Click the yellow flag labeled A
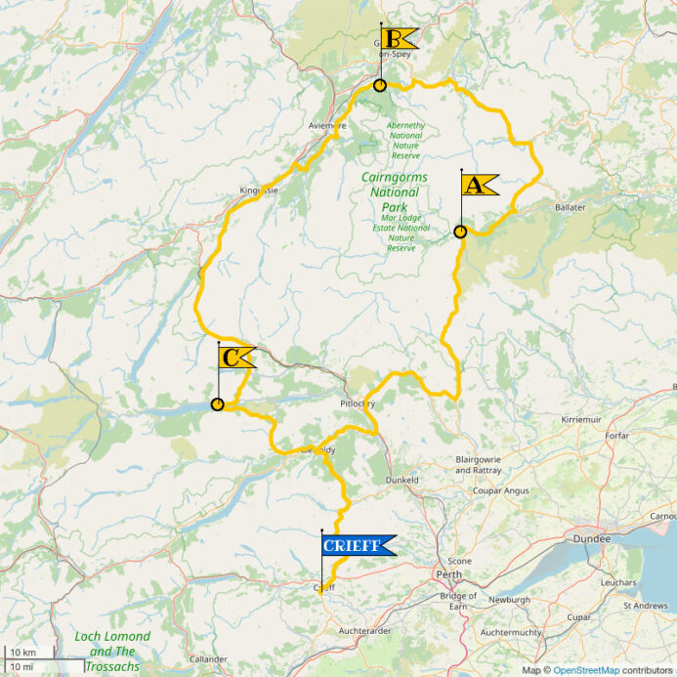point(479,185)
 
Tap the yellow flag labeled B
point(399,39)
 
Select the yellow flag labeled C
point(235,358)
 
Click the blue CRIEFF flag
point(358,546)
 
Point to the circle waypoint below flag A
point(460,232)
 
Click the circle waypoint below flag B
point(380,85)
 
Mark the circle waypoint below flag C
point(217,404)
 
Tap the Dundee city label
point(591,538)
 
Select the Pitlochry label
point(357,403)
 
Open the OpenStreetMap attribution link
point(586,670)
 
